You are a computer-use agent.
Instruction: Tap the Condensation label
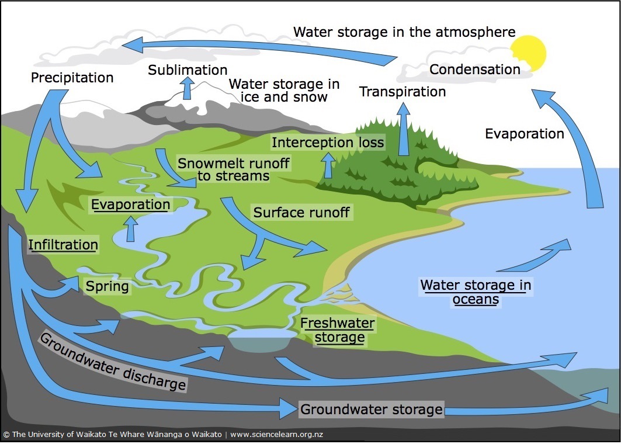[474, 70]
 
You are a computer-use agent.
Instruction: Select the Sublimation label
[188, 70]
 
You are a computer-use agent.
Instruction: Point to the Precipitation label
[72, 77]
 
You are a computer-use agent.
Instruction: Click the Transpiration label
[403, 92]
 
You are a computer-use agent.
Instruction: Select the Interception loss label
[328, 143]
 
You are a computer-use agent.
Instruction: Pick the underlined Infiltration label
[63, 244]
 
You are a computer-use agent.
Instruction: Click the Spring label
[107, 287]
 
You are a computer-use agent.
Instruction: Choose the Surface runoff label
[301, 212]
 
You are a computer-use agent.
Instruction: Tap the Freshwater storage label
[338, 330]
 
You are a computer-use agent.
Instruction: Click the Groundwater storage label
[371, 409]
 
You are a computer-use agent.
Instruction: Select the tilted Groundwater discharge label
[113, 362]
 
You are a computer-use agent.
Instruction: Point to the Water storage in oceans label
[476, 292]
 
